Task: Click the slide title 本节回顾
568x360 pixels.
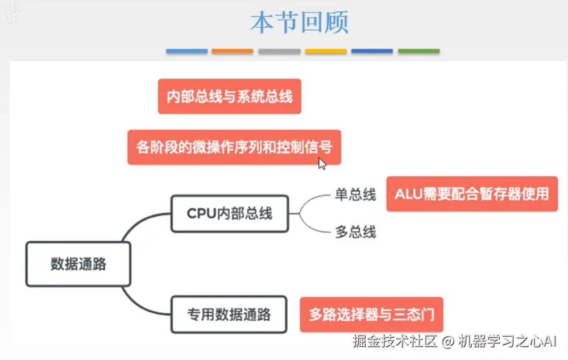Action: tap(299, 23)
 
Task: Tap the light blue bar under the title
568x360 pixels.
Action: tap(186, 51)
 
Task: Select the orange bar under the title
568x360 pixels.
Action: tap(232, 51)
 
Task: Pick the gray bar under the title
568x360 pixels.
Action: tap(279, 51)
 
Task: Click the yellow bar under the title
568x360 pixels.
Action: tap(326, 51)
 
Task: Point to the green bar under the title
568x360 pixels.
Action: tap(418, 51)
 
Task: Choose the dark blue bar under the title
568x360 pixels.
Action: tap(372, 51)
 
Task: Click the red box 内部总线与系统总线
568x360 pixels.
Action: tap(229, 96)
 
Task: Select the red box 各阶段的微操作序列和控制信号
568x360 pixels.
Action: tap(234, 147)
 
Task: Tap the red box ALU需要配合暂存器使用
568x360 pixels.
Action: tap(472, 194)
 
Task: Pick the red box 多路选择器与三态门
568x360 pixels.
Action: tap(371, 315)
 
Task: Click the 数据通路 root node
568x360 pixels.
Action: tap(78, 264)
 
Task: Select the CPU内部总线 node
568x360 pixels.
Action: tap(230, 213)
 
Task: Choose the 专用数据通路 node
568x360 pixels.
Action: tap(229, 315)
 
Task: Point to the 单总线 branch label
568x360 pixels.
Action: tap(355, 195)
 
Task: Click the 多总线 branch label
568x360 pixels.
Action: tap(355, 232)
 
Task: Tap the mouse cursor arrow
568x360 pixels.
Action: tap(322, 164)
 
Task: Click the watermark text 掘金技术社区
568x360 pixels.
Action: tap(393, 341)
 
